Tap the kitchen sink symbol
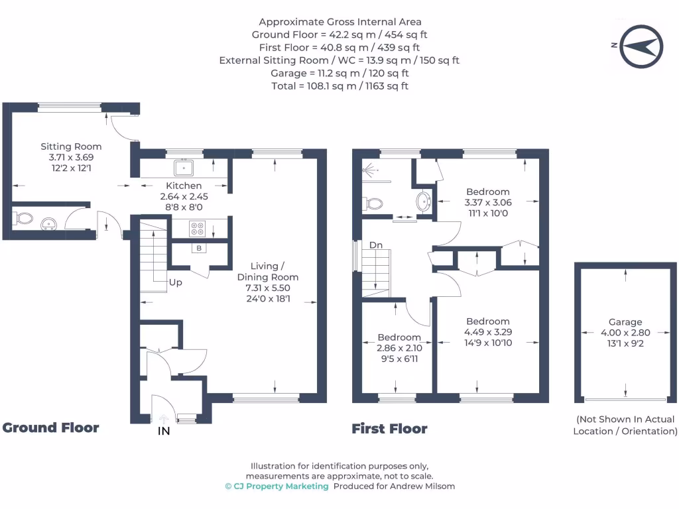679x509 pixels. point(184,167)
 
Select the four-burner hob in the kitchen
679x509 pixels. point(197,229)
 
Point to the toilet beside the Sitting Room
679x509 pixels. point(25,218)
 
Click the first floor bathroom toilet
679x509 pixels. point(373,203)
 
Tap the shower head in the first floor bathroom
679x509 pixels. point(369,170)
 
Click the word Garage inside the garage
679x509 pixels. point(625,322)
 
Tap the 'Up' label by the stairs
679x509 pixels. point(176,282)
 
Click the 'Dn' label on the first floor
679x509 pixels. point(376,245)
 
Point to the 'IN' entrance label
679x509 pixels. point(164,431)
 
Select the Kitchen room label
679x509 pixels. point(184,186)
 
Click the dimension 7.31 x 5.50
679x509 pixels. point(268,288)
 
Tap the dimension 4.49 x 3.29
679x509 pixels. point(487,332)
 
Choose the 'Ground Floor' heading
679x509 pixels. point(51,427)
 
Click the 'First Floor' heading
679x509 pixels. point(389,429)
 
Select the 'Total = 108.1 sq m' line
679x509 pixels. point(339,86)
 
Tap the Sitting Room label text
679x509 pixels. point(71,146)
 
